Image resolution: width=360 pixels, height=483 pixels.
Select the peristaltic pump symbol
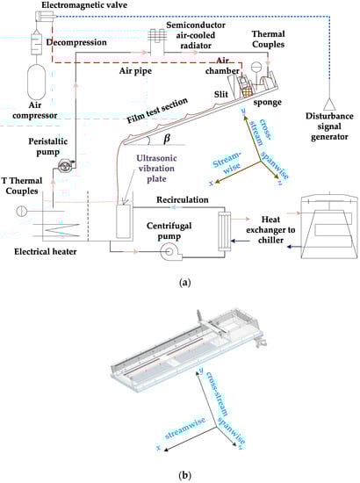tap(65, 166)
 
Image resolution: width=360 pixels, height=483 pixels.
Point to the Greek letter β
tap(167, 138)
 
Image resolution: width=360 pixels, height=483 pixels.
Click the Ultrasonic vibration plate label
tap(156, 169)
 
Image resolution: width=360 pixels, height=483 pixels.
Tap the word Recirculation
tap(183, 199)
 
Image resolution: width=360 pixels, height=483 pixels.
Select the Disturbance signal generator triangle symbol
tap(330, 105)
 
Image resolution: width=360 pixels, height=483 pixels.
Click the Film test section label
tap(157, 111)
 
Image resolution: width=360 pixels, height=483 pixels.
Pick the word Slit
tap(221, 94)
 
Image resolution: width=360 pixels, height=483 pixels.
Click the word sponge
tap(267, 102)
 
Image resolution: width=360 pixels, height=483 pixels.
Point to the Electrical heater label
tap(46, 252)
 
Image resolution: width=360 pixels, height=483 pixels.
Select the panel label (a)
tap(184, 283)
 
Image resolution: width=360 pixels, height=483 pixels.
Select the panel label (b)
tap(184, 475)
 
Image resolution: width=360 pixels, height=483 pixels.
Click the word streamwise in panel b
tap(185, 429)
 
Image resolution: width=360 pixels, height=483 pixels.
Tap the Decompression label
tap(76, 42)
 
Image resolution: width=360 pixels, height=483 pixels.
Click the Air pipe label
tap(135, 71)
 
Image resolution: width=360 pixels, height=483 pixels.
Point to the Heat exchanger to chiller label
tap(270, 230)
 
